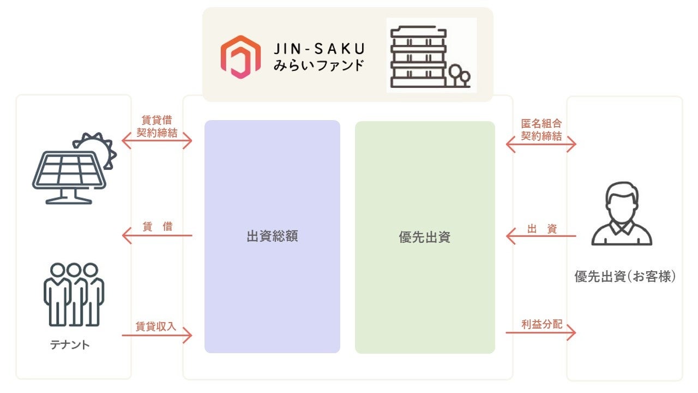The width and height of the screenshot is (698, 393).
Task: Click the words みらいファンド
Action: pyautogui.click(x=318, y=67)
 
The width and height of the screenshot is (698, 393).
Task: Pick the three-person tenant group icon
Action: pyautogui.click(x=74, y=294)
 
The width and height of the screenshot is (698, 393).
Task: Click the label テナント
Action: pyautogui.click(x=69, y=345)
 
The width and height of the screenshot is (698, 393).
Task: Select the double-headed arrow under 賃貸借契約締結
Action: pyautogui.click(x=157, y=142)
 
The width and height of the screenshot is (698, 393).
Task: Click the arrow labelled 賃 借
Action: pyautogui.click(x=157, y=236)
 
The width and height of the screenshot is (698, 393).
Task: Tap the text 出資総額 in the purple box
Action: pyautogui.click(x=272, y=236)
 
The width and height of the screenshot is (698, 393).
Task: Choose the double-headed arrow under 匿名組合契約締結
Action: pyautogui.click(x=541, y=145)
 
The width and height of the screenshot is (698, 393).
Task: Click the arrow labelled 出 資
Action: pyautogui.click(x=541, y=236)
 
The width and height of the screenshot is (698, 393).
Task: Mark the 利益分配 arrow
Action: pyautogui.click(x=541, y=332)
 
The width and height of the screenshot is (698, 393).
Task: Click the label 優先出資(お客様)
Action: pyautogui.click(x=625, y=277)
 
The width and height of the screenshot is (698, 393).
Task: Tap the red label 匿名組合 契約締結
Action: pyautogui.click(x=541, y=130)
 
